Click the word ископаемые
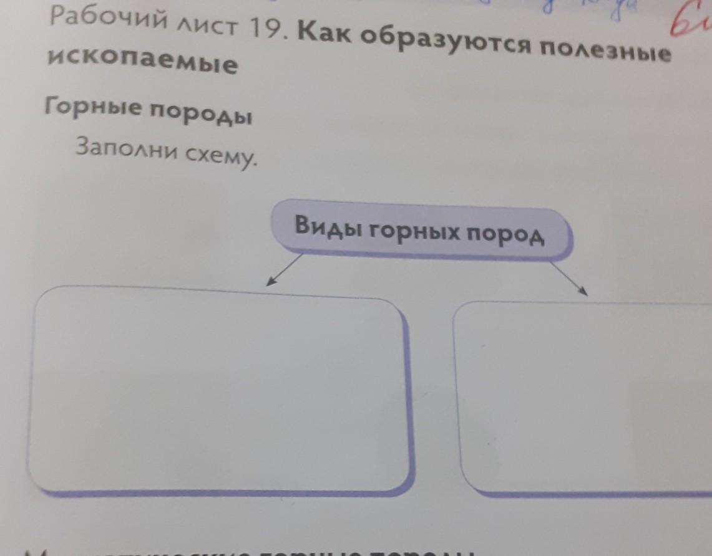[142, 62]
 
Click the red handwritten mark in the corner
[690, 25]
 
